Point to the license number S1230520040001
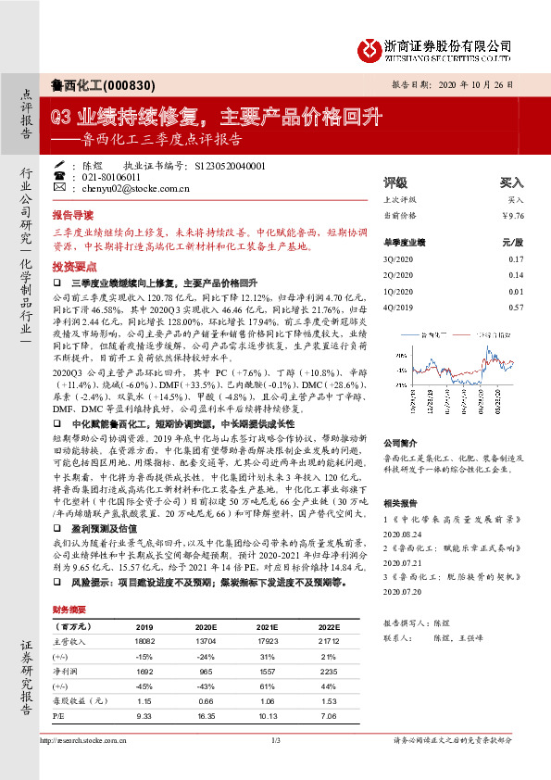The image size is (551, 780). pos(231,165)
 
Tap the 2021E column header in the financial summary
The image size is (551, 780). pos(269,626)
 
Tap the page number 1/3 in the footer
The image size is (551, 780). pos(275,740)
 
